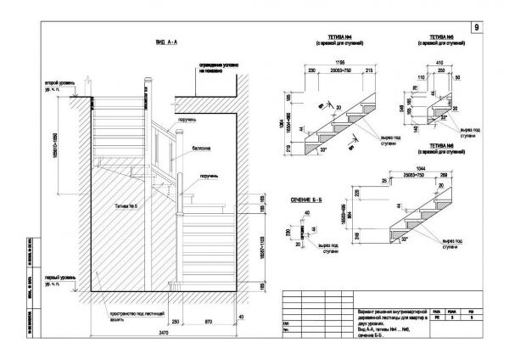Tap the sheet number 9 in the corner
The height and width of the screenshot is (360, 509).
[x=477, y=28]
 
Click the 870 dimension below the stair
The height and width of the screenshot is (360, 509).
[x=209, y=323]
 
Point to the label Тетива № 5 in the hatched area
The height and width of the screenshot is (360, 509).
[x=125, y=206]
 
